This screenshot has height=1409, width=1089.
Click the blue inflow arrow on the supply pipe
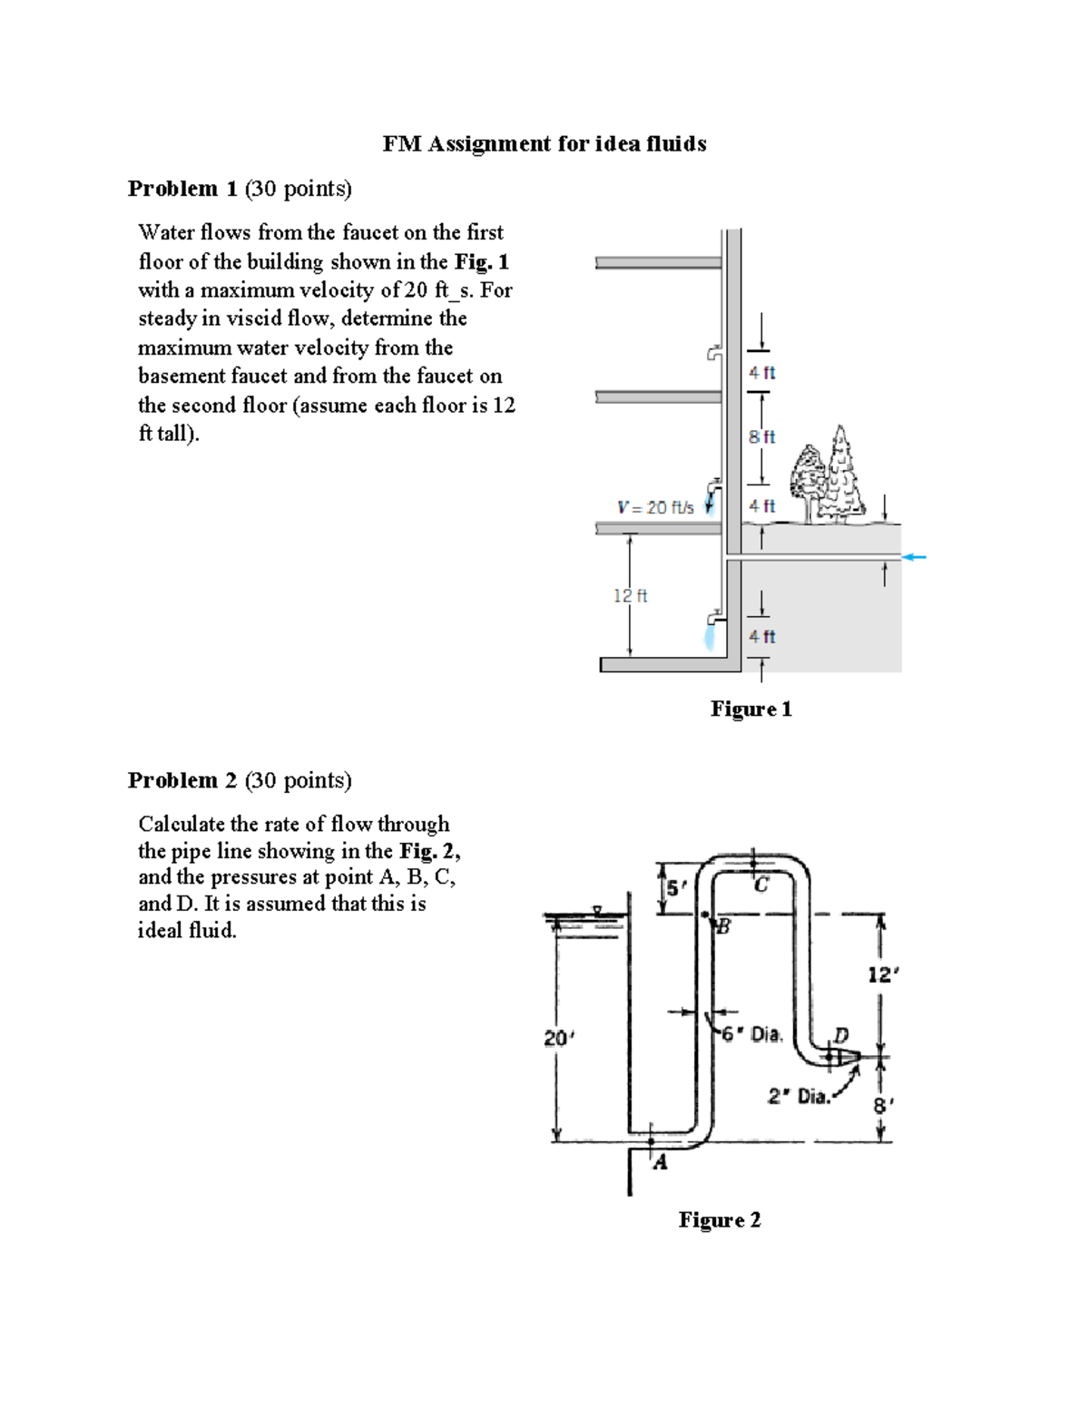click(x=914, y=556)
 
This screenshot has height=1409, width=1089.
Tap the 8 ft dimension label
click(x=761, y=436)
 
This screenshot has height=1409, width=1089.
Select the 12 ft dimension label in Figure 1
click(x=630, y=596)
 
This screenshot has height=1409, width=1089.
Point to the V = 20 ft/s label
click(x=655, y=508)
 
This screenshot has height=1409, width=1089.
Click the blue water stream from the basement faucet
click(x=709, y=635)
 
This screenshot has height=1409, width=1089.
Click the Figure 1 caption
click(x=751, y=709)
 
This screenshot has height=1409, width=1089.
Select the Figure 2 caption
click(x=719, y=1220)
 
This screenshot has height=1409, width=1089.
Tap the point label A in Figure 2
click(x=661, y=1162)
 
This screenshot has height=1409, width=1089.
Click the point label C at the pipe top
click(x=761, y=885)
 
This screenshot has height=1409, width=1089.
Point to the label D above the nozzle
click(x=841, y=1034)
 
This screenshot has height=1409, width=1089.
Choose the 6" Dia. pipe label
click(x=751, y=1034)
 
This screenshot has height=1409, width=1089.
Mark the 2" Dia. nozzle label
click(x=799, y=1096)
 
